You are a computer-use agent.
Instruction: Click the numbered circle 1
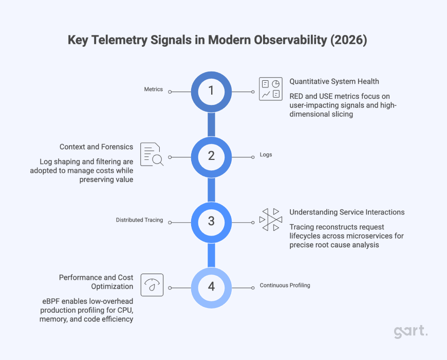tap(211, 91)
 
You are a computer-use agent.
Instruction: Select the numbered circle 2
tap(211, 156)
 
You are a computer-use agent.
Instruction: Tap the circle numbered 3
tap(211, 221)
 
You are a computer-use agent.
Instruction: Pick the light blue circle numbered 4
tap(211, 286)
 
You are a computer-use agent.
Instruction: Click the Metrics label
tap(153, 89)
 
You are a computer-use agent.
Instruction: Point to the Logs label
tap(265, 155)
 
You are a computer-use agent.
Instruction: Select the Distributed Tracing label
tap(139, 220)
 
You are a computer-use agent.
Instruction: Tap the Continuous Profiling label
tap(285, 285)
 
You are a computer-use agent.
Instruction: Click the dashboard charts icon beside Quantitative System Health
tap(270, 89)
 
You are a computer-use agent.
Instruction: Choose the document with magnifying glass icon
tap(152, 154)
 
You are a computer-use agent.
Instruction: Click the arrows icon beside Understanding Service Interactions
tap(270, 220)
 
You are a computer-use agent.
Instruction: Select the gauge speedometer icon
tap(152, 285)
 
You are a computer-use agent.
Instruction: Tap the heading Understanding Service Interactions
tap(347, 212)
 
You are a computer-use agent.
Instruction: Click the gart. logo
tap(411, 332)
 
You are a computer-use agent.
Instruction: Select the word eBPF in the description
tap(52, 300)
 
